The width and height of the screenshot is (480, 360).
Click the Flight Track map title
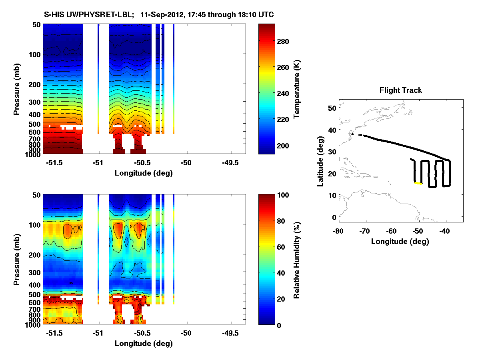click(400, 90)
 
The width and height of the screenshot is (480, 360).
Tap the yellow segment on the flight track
click(418, 183)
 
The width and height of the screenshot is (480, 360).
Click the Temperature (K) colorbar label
click(297, 89)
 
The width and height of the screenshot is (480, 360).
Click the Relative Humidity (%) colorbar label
click(297, 260)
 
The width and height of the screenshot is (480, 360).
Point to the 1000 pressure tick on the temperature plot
click(33, 154)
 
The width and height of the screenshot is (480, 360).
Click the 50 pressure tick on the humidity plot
click(35, 195)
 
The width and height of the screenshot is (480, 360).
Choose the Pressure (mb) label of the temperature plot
click(17, 89)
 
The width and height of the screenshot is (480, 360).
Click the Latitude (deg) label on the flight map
click(320, 162)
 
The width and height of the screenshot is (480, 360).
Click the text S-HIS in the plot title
click(53, 15)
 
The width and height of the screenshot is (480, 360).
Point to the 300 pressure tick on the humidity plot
click(33, 272)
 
